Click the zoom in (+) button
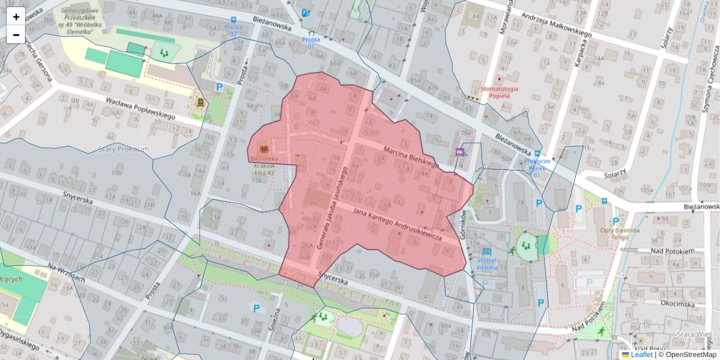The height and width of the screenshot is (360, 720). pyautogui.click(x=16, y=17)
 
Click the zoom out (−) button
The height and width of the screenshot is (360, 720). pyautogui.click(x=16, y=35)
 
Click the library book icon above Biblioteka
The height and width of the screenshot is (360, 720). pyautogui.click(x=263, y=148)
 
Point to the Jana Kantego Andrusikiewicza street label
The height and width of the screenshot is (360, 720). pyautogui.click(x=397, y=225)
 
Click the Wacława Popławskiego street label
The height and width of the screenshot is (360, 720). pyautogui.click(x=140, y=108)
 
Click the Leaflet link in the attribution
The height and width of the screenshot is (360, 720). pyautogui.click(x=641, y=355)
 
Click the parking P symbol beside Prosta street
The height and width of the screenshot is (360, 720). pyautogui.click(x=220, y=87)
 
